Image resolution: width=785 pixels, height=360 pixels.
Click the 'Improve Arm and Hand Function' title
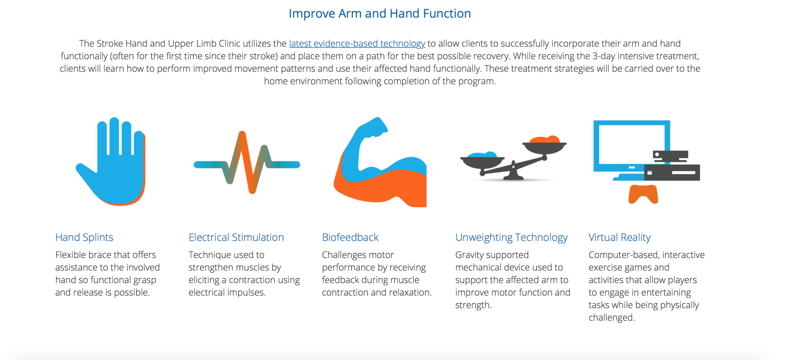click(x=380, y=14)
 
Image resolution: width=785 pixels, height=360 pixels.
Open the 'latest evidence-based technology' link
click(x=357, y=44)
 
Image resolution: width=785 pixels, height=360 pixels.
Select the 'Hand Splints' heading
click(x=84, y=238)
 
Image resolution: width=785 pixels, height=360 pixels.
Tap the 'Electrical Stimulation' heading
click(x=236, y=238)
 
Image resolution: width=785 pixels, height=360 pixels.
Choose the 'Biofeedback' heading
click(x=350, y=238)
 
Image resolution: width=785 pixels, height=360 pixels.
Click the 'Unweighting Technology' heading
click(x=511, y=238)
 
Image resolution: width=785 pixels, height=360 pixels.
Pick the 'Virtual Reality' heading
click(x=619, y=238)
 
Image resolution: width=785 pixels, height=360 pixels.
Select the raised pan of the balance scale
click(x=544, y=145)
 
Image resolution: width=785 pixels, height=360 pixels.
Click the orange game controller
click(x=643, y=194)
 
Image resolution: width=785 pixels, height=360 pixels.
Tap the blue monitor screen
click(x=632, y=146)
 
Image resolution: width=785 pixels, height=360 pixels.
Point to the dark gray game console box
click(x=672, y=172)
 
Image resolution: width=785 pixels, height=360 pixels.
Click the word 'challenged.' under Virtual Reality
click(x=612, y=318)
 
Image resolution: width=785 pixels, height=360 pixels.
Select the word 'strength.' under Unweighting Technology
click(x=473, y=305)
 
